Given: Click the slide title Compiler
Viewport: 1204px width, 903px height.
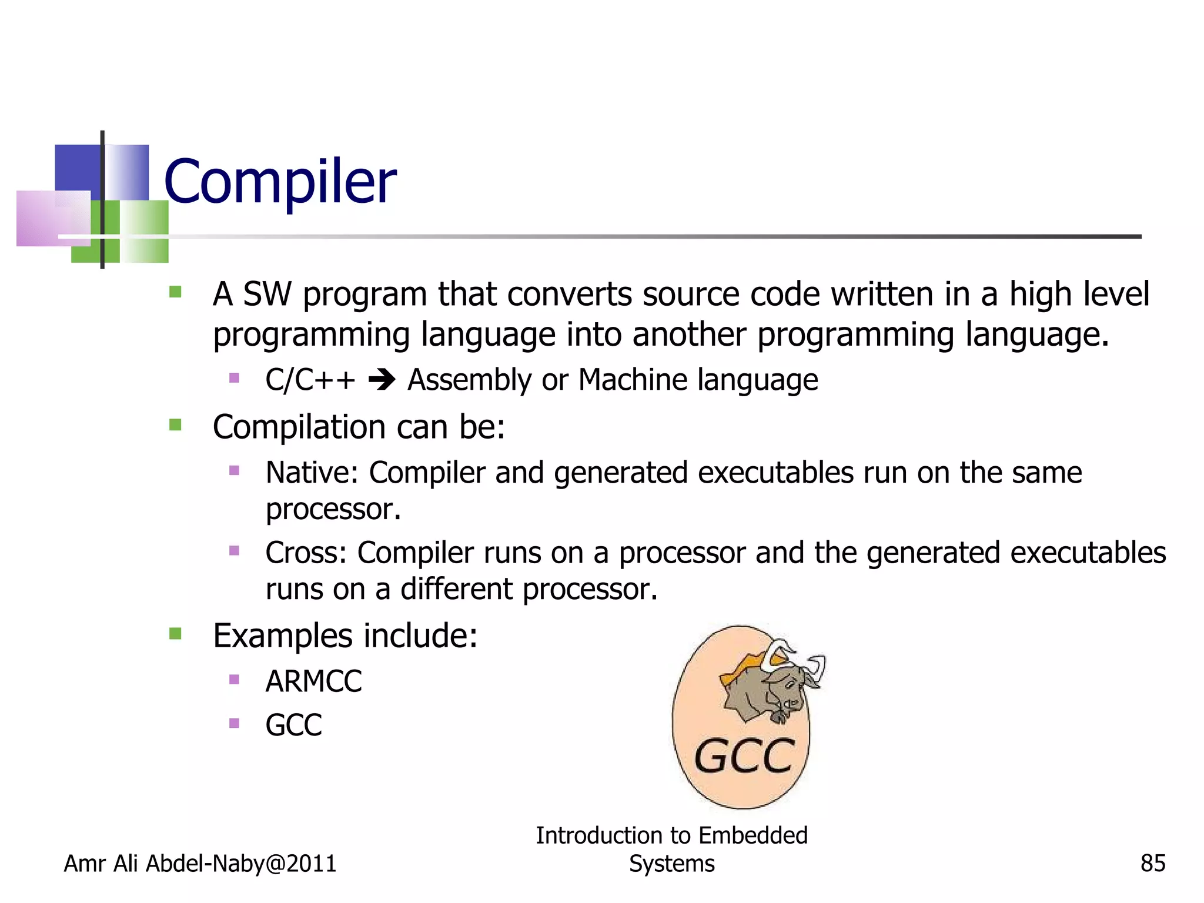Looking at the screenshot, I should coord(280,182).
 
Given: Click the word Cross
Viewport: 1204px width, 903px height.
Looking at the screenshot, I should coord(305,553).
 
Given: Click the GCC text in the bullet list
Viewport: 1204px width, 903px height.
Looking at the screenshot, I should coord(293,725).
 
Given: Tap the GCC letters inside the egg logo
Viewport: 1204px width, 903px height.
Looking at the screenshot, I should coord(744,757).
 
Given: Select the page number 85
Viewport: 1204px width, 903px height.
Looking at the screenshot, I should coord(1152,864).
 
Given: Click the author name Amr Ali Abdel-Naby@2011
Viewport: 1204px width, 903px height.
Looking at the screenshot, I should coord(200,864).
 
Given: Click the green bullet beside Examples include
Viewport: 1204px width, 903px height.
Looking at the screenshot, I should coord(175,634).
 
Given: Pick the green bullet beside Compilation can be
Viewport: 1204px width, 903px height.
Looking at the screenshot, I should coord(175,424).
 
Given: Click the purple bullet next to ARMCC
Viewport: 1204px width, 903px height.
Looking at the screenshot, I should coord(234,680).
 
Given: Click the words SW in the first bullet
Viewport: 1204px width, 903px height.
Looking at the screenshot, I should coord(267,294).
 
